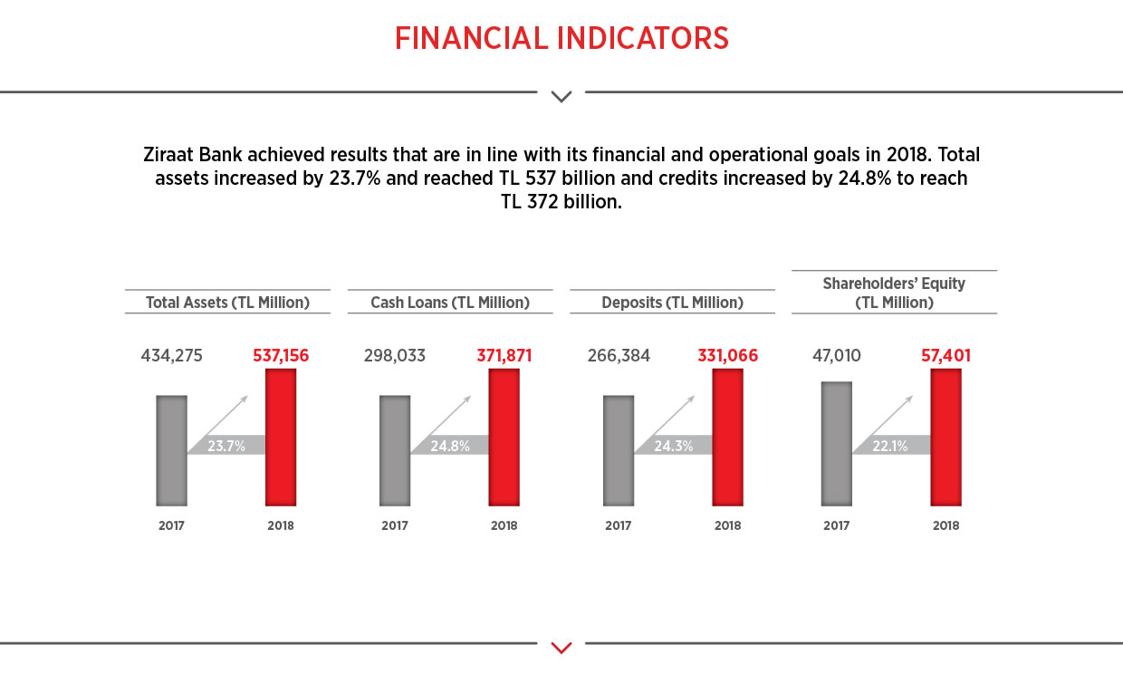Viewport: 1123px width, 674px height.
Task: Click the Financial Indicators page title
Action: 561,38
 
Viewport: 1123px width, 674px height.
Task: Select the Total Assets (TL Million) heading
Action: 227,303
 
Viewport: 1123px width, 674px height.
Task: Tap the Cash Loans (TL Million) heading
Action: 450,303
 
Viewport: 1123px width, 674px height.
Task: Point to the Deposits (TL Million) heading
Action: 672,303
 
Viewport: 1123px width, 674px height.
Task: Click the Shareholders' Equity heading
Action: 894,293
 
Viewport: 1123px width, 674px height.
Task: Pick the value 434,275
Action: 172,356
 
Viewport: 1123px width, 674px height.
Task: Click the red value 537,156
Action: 281,356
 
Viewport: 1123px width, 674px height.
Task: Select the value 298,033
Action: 395,356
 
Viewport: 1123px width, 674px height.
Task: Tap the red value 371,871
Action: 504,356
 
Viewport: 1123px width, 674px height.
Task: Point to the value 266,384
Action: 618,356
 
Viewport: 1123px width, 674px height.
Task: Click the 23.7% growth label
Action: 226,446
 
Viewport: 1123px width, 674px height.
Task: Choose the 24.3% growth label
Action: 673,446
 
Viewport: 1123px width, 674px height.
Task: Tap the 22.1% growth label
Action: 889,446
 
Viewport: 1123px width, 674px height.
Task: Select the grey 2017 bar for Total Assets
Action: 171,450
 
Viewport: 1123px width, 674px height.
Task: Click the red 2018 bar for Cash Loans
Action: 504,437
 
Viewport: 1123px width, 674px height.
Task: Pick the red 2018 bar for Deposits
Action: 727,437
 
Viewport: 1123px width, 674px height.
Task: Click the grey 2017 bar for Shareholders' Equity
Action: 836,443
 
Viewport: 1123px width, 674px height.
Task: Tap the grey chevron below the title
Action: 561,96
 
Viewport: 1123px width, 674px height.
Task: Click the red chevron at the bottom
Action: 561,647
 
